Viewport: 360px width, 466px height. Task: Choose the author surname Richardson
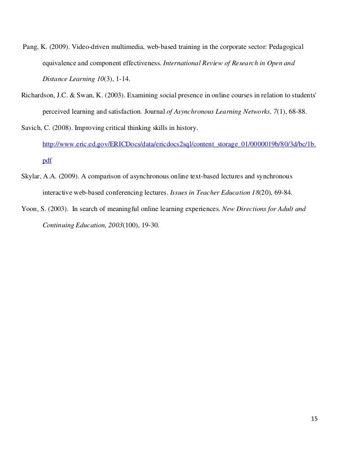point(39,95)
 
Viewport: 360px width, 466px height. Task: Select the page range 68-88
point(297,112)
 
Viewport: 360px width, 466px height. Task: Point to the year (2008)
point(61,128)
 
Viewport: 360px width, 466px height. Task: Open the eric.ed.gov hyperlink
point(180,144)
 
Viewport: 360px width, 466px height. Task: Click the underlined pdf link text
point(47,161)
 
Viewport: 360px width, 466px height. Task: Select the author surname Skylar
point(32,176)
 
